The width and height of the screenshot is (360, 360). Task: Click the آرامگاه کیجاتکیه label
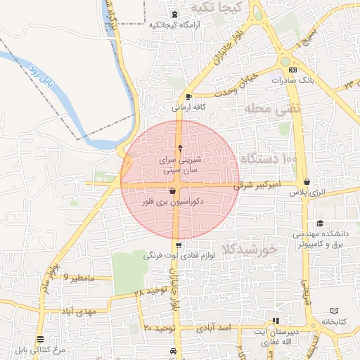pos(175,25)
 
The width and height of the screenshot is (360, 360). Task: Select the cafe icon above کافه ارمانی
pos(188,97)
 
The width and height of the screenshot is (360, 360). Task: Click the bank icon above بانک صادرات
pos(293,70)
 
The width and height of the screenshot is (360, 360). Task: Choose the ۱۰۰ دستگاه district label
pos(269,160)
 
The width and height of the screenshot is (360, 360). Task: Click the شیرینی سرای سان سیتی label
pos(181,165)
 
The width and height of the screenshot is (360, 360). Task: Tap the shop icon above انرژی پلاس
pos(307,182)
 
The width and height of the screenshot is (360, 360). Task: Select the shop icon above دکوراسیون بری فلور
pos(173,191)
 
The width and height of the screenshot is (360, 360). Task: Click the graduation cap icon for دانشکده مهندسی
pos(320,224)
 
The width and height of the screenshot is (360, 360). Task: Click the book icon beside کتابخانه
pos(334,310)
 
